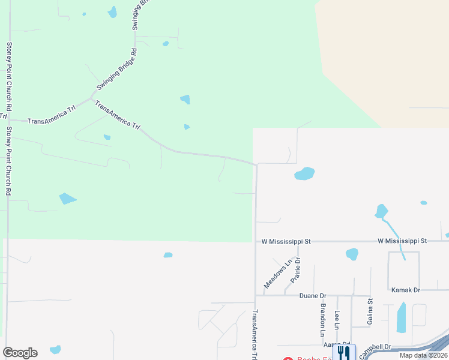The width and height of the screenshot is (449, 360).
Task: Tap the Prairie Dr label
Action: pyautogui.click(x=295, y=270)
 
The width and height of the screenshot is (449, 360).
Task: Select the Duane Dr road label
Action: pyautogui.click(x=313, y=296)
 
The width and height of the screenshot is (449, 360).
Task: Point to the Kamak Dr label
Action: pyautogui.click(x=405, y=290)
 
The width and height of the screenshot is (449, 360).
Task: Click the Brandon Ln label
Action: pyautogui.click(x=323, y=319)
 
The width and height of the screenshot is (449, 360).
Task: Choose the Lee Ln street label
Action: pyautogui.click(x=337, y=320)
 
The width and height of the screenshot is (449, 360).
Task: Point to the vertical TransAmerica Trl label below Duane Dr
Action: pyautogui.click(x=255, y=333)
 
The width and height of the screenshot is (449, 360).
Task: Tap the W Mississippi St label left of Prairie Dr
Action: pyautogui.click(x=286, y=241)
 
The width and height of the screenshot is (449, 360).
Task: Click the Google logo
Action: pyautogui.click(x=20, y=353)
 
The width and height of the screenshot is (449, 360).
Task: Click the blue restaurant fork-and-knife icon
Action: pyautogui.click(x=344, y=352)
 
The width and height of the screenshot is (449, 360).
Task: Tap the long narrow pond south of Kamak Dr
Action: pyautogui.click(x=401, y=318)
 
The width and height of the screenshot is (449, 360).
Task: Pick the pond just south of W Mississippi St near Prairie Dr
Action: pyautogui.click(x=352, y=254)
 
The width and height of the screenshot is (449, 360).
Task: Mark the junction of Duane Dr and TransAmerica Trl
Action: pyautogui.click(x=255, y=295)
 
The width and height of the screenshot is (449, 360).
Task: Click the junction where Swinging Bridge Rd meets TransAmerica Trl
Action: pyautogui.click(x=91, y=98)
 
